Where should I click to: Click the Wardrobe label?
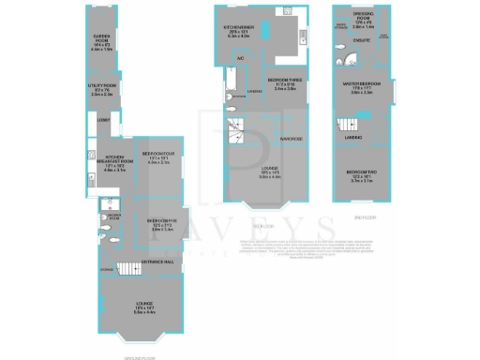pyautogui.click(x=290, y=139)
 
